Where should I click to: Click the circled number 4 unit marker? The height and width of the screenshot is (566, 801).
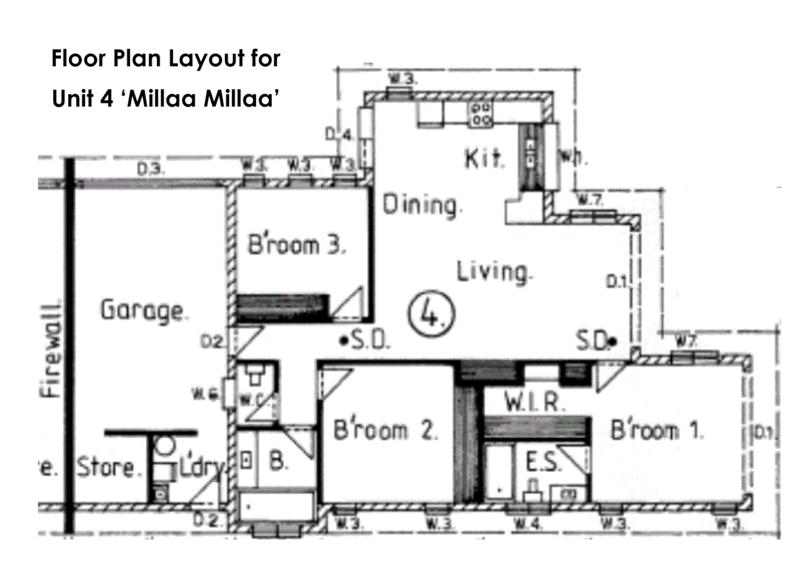point(431,313)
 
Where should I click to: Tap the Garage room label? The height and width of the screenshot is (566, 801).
point(142,310)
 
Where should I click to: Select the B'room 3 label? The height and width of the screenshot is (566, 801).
point(297,245)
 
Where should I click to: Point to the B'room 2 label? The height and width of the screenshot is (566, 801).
point(385,430)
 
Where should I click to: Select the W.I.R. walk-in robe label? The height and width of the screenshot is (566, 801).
point(535,402)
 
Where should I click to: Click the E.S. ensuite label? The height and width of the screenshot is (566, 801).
point(543,463)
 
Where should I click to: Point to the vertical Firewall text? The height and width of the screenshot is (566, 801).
point(52,350)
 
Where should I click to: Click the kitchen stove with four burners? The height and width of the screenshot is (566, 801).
point(481,114)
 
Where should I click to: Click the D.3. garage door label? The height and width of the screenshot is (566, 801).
point(151,169)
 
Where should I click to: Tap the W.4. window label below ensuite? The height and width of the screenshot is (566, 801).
point(527,523)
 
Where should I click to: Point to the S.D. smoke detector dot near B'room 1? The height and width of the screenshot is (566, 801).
point(614,342)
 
